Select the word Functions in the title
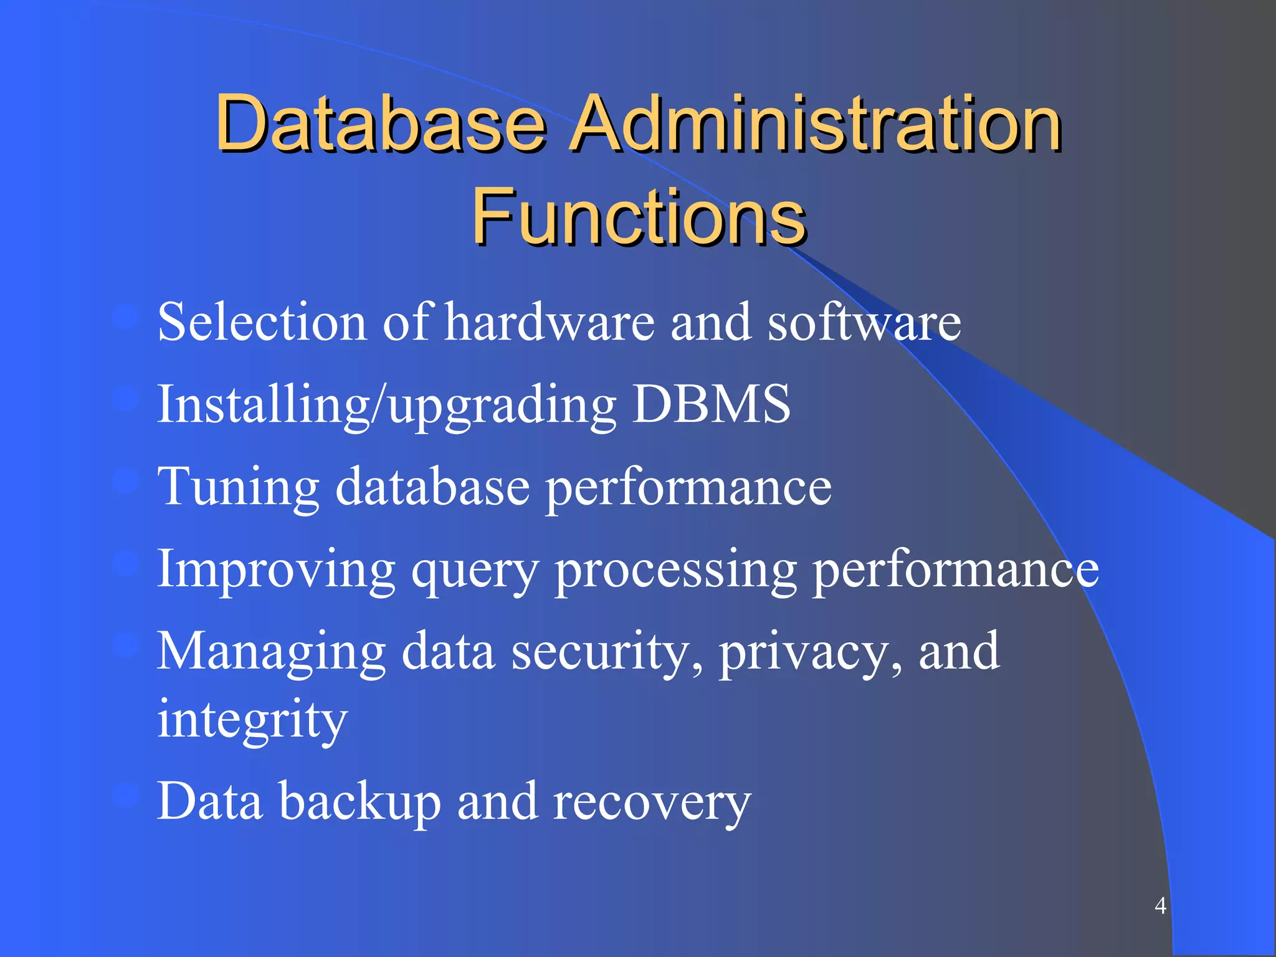639,216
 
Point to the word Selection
262,322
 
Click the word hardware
550,322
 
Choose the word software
864,322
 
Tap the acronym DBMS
712,404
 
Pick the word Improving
276,570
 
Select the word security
607,652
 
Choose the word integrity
252,720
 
